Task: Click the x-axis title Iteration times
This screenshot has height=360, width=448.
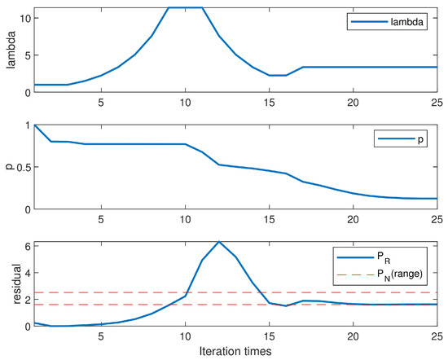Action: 235,351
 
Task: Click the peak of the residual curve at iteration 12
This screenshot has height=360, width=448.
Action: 218,242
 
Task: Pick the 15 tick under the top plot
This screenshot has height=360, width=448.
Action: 269,102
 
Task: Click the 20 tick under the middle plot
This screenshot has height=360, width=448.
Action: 353,220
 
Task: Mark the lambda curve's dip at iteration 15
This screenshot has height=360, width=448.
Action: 269,75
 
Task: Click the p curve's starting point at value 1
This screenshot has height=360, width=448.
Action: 34,125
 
